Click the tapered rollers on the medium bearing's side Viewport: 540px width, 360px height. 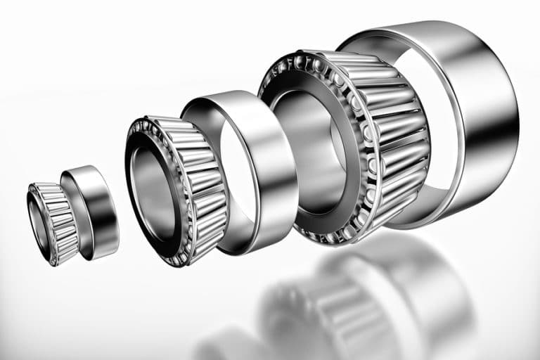207,190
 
